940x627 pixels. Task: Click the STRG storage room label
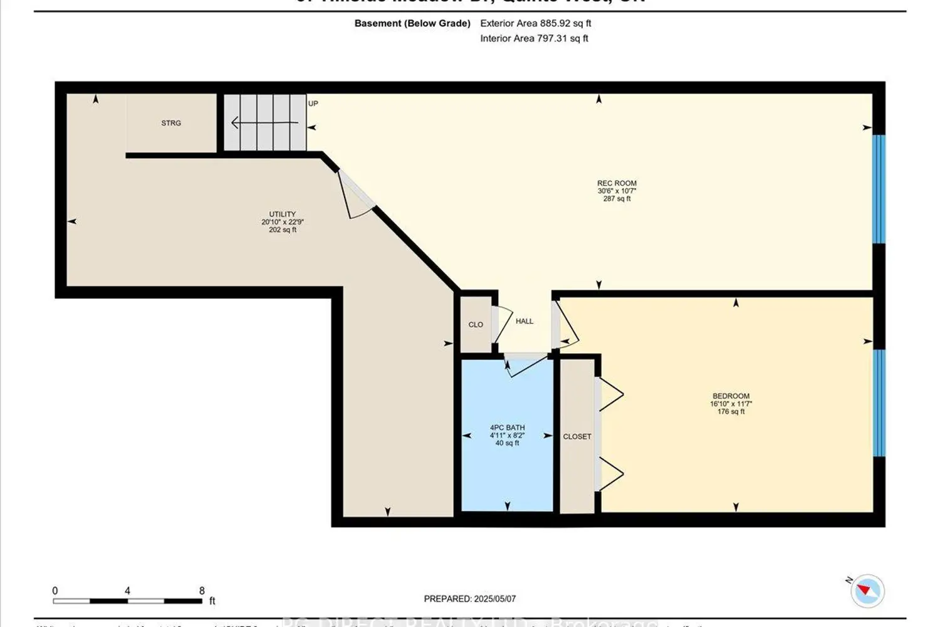pyautogui.click(x=171, y=123)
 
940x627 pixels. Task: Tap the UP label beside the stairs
pyautogui.click(x=313, y=103)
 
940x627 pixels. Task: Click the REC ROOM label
pyautogui.click(x=617, y=184)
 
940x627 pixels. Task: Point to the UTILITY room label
pyautogui.click(x=283, y=214)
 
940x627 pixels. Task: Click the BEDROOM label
pyautogui.click(x=731, y=396)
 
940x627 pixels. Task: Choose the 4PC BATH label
pyautogui.click(x=507, y=428)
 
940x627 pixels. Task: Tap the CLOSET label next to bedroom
pyautogui.click(x=577, y=436)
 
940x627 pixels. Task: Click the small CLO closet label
pyautogui.click(x=476, y=325)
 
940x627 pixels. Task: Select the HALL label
pyautogui.click(x=525, y=321)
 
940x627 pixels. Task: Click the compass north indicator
pyautogui.click(x=867, y=590)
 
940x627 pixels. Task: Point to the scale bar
pyautogui.click(x=127, y=601)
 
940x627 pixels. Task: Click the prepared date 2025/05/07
pyautogui.click(x=469, y=599)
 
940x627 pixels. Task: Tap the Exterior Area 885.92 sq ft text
pyautogui.click(x=535, y=23)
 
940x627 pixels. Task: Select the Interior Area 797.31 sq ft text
pyautogui.click(x=534, y=38)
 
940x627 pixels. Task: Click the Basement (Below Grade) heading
pyautogui.click(x=412, y=23)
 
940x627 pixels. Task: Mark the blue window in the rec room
pyautogui.click(x=879, y=189)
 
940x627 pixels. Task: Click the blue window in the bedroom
pyautogui.click(x=879, y=403)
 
